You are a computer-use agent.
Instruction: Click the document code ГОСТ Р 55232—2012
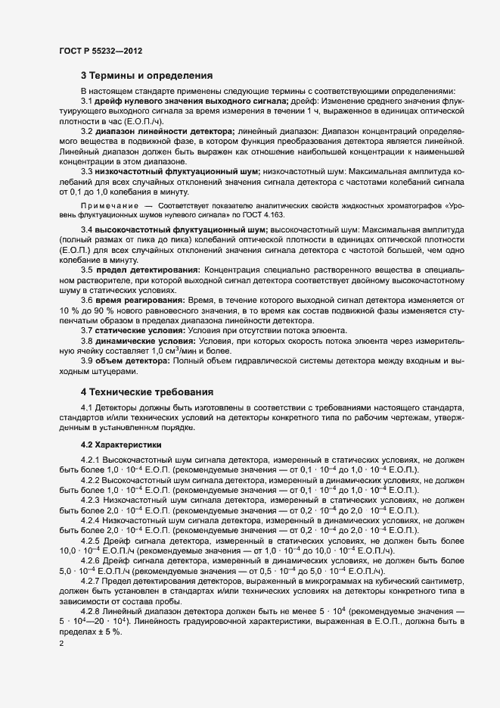point(101,51)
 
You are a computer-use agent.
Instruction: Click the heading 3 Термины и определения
point(146,76)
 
